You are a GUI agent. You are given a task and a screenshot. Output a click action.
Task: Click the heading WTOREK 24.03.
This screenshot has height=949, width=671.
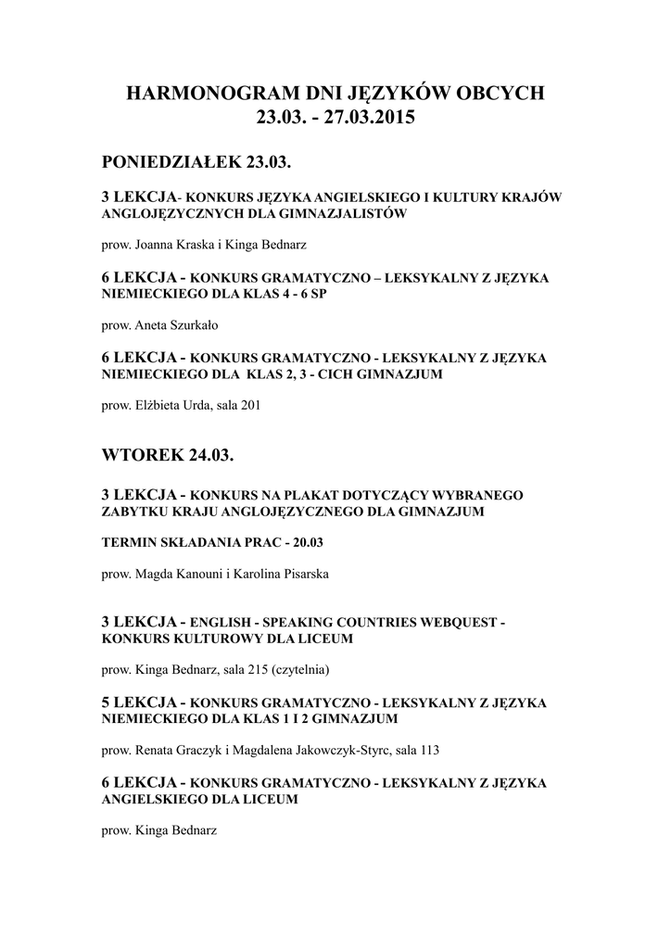(x=168, y=457)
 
